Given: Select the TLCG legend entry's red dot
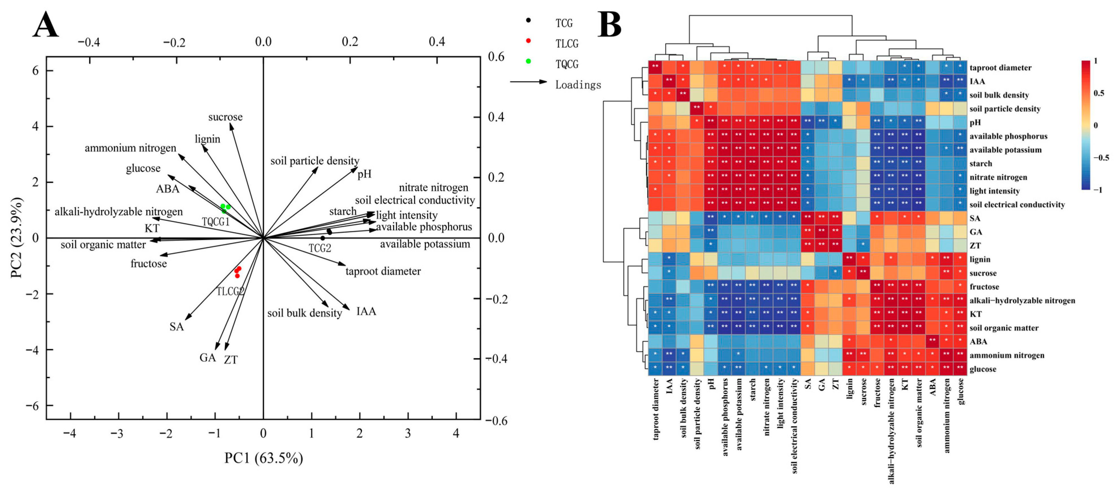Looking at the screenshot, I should [528, 41].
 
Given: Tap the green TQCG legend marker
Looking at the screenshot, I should [528, 61].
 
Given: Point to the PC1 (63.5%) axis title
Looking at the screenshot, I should [263, 458].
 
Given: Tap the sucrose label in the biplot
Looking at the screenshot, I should [225, 117].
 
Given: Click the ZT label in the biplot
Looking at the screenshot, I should [231, 360].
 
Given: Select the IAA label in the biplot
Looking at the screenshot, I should [366, 311].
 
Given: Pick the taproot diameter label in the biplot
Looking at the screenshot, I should [383, 271].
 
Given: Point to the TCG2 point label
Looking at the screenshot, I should [320, 248].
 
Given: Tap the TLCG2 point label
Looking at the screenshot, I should [230, 291].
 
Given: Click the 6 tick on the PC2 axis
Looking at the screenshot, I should [35, 70].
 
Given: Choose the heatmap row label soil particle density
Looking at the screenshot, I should [1005, 109].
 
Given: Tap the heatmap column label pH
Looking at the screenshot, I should [711, 384].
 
